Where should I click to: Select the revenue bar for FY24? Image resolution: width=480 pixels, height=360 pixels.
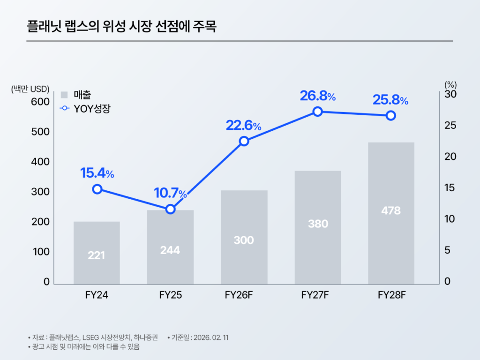click(97, 253)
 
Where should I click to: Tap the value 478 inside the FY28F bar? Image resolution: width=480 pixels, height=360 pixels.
click(391, 211)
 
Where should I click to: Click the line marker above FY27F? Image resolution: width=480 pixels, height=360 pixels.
click(318, 112)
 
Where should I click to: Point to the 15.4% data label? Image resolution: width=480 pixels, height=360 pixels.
click(97, 173)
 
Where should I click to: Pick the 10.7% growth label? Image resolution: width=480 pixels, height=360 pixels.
click(171, 193)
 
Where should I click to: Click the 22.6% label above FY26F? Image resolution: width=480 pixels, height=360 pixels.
click(243, 126)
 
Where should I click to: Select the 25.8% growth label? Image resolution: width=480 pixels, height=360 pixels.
click(390, 100)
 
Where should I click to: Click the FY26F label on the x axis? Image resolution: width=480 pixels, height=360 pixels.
click(243, 295)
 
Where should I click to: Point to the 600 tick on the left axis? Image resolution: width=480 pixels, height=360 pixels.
click(40, 102)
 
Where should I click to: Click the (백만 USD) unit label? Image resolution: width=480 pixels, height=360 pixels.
click(30, 89)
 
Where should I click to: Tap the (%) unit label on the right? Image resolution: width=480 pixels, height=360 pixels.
click(450, 85)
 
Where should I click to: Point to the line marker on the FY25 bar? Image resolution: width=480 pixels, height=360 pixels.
click(171, 209)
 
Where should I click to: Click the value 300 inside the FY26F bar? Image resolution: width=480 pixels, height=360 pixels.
click(244, 240)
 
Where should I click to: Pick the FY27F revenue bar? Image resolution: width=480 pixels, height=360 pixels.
click(318, 227)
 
